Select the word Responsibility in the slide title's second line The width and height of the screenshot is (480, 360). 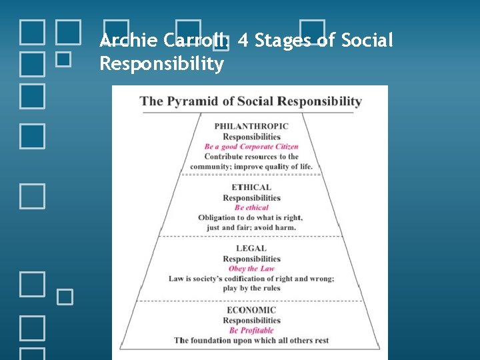pyautogui.click(x=161, y=64)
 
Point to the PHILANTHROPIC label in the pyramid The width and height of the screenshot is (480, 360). pyautogui.click(x=251, y=126)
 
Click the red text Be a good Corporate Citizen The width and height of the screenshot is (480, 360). pyautogui.click(x=251, y=147)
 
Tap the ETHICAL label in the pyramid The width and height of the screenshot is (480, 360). pyautogui.click(x=251, y=187)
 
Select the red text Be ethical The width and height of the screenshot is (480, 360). pyautogui.click(x=251, y=207)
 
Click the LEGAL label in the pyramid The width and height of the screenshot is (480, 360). pyautogui.click(x=251, y=249)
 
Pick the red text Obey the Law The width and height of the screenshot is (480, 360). pyautogui.click(x=251, y=269)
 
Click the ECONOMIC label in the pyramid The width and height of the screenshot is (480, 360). pyautogui.click(x=251, y=310)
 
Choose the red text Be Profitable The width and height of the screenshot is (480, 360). pyautogui.click(x=251, y=331)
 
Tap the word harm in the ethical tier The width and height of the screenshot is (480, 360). pyautogui.click(x=285, y=227)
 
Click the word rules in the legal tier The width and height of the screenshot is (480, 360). pyautogui.click(x=269, y=288)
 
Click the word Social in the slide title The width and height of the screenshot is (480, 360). pyautogui.click(x=367, y=41)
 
